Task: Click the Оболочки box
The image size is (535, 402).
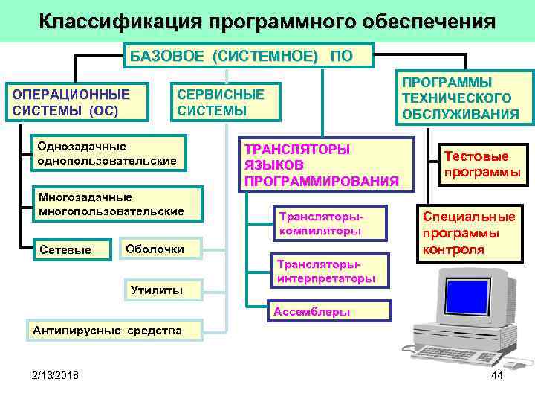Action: pos(161,249)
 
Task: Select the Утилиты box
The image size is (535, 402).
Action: pos(156,290)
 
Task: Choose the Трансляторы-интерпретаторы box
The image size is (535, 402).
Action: pos(325,272)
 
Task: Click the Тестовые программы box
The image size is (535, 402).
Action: pos(481,165)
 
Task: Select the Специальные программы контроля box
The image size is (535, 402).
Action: pos(470,233)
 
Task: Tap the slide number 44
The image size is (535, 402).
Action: pos(497,374)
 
